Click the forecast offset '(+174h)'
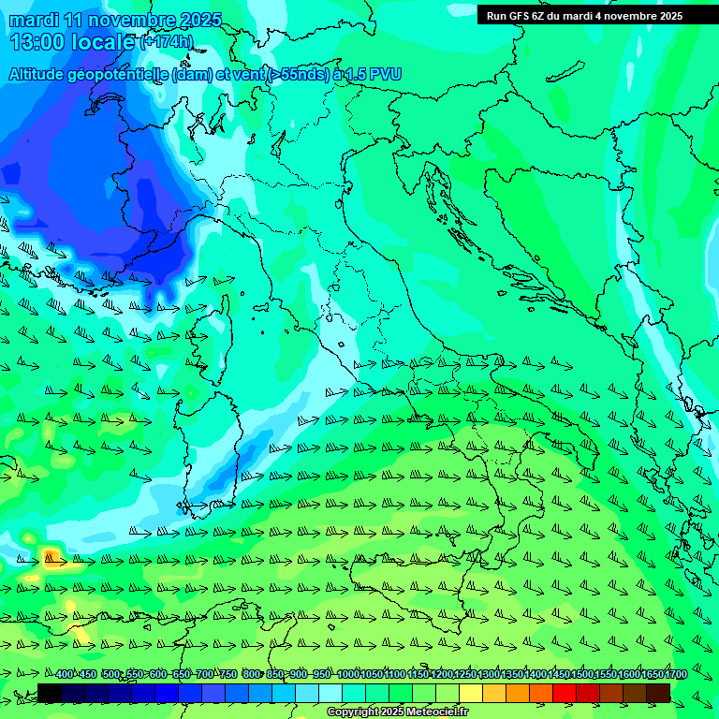pyautogui.click(x=166, y=41)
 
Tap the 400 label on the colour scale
pyautogui.click(x=64, y=674)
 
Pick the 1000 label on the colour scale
pyautogui.click(x=347, y=674)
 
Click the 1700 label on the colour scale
pyautogui.click(x=675, y=674)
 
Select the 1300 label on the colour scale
pyautogui.click(x=488, y=674)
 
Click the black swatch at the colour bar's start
pyautogui.click(x=50, y=693)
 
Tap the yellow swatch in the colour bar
pyautogui.click(x=471, y=693)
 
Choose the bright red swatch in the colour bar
pyautogui.click(x=565, y=693)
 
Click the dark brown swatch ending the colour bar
pyautogui.click(x=658, y=693)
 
